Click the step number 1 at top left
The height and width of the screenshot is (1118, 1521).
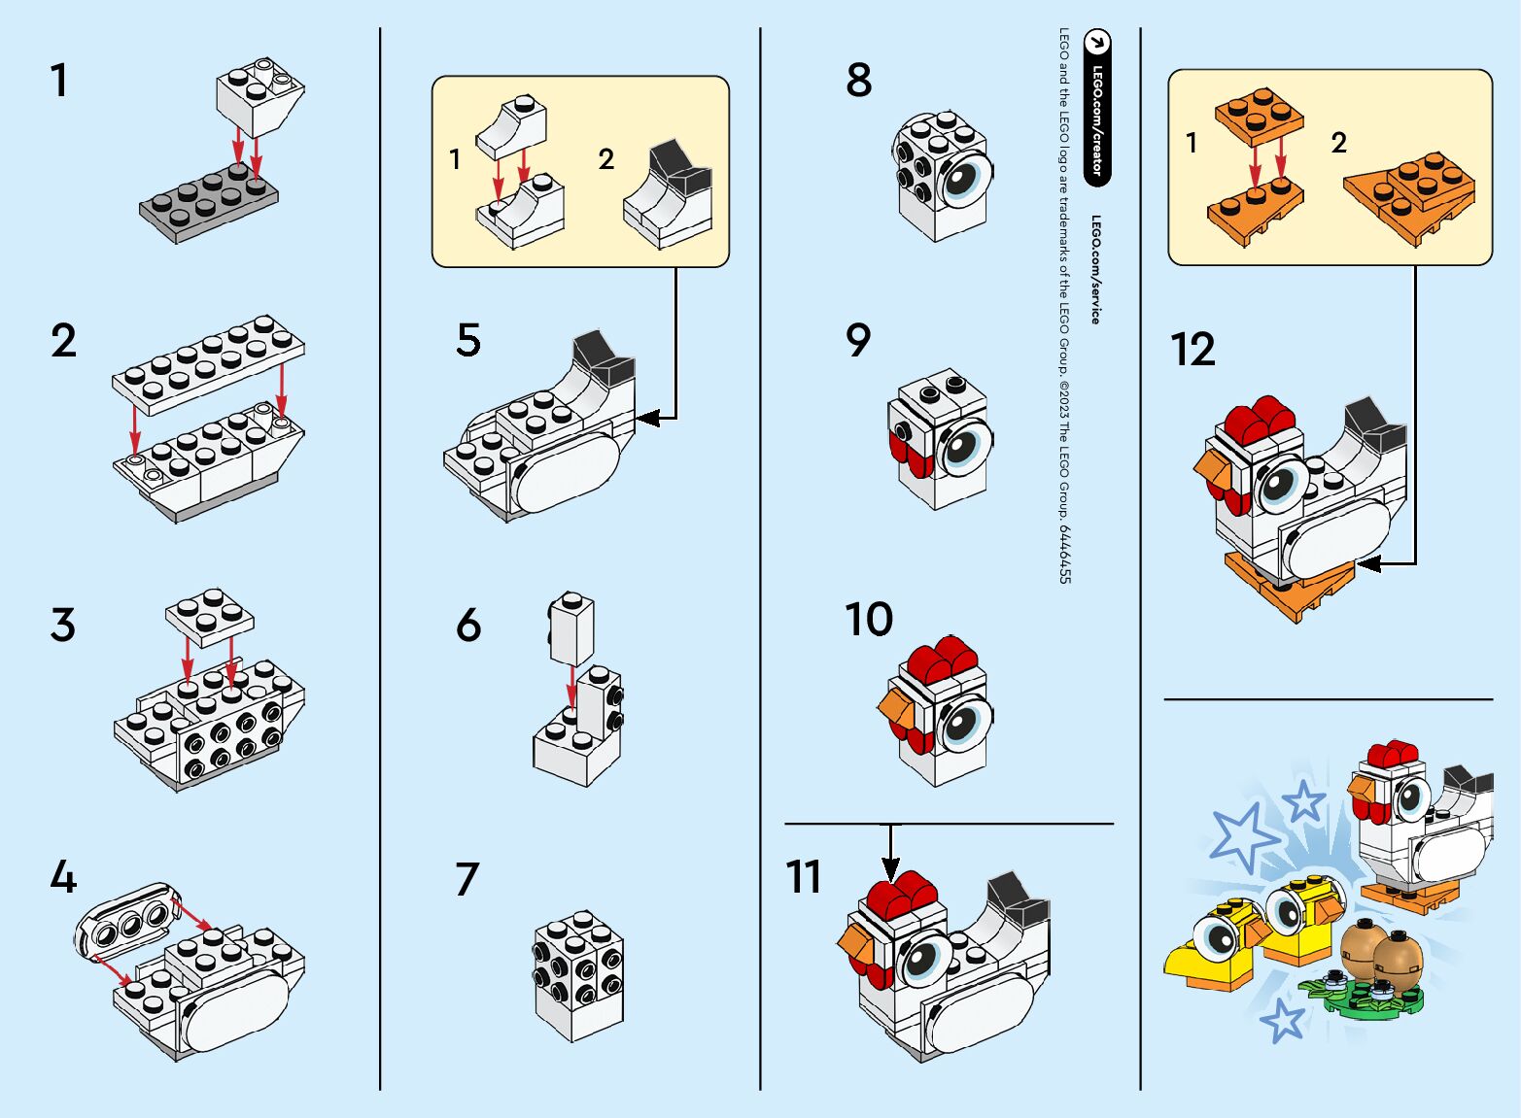pos(60,82)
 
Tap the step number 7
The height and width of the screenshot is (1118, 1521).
pos(467,880)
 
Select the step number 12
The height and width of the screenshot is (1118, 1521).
pos(1193,351)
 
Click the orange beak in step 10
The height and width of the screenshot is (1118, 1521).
pos(896,712)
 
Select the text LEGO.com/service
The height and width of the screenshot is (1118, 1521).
pos(1094,270)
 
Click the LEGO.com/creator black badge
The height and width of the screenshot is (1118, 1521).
pos(1097,107)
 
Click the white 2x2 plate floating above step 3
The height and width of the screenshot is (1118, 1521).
pos(210,615)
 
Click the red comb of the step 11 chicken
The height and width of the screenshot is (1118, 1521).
pos(901,893)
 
